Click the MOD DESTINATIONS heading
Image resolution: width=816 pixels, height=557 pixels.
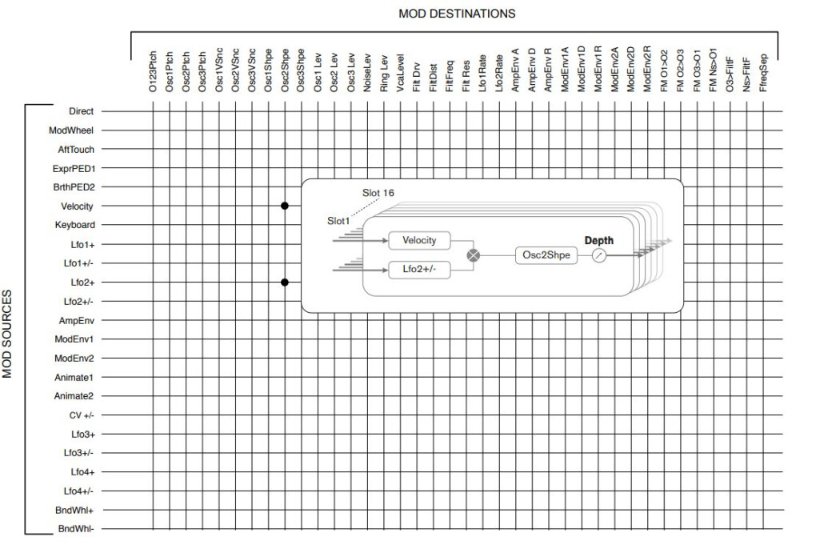[x=457, y=14]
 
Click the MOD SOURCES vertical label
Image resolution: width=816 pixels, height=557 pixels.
[x=9, y=334]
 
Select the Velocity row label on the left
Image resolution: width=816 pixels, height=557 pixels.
[x=78, y=206]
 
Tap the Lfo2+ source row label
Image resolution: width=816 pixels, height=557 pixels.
[x=82, y=283]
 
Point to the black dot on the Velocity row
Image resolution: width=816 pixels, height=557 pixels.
[x=285, y=206]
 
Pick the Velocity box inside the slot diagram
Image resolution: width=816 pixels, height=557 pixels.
[x=419, y=240]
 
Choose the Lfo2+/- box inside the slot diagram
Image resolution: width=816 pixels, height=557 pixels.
[x=419, y=270]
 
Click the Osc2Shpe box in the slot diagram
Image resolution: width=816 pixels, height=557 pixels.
[x=546, y=255]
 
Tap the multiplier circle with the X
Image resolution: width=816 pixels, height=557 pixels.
[x=474, y=255]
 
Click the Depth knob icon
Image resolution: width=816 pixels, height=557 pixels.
[x=599, y=255]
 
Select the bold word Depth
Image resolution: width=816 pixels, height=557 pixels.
[x=599, y=240]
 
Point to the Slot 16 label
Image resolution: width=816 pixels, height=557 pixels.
[x=378, y=193]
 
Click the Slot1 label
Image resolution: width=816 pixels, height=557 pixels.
[x=339, y=220]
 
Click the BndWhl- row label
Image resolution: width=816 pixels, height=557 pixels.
[x=77, y=529]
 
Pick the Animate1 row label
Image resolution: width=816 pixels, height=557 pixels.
[x=74, y=377]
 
